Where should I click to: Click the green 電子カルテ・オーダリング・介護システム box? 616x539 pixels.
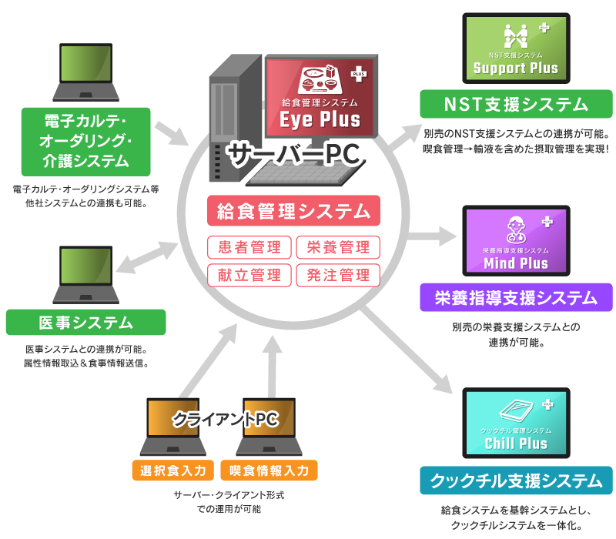(85, 141)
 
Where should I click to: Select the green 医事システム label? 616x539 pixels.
(85, 322)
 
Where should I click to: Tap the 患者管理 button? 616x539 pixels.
(249, 247)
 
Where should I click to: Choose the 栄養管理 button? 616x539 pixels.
(338, 247)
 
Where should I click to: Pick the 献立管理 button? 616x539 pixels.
(249, 274)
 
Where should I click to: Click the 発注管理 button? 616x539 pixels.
(338, 274)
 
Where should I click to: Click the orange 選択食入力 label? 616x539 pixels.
(173, 470)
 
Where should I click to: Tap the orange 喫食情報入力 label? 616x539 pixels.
(269, 470)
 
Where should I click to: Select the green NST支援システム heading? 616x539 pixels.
(516, 104)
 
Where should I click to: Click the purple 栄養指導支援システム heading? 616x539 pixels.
(516, 297)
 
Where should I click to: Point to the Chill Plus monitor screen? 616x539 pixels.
(516, 424)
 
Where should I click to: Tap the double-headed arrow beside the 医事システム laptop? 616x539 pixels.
(151, 257)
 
